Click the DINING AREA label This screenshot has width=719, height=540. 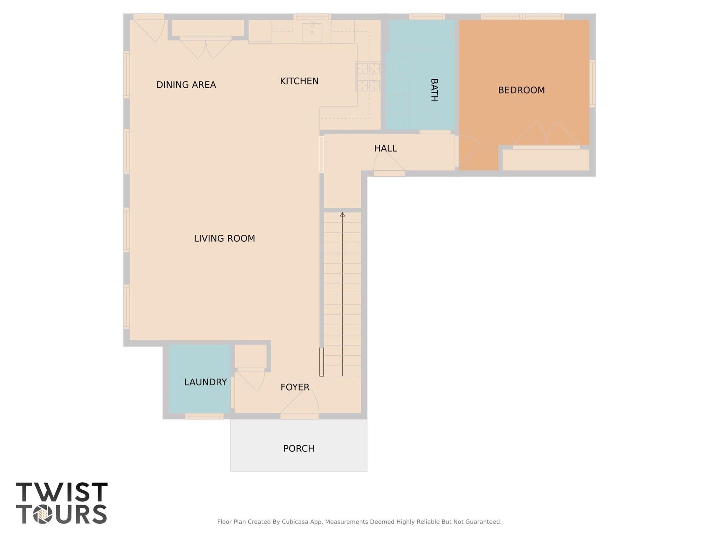186,85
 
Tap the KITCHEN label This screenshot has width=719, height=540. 299,81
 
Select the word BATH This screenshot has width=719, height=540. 434,90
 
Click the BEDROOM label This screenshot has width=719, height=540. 521,90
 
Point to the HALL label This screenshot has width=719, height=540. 385,148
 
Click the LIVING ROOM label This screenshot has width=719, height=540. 224,239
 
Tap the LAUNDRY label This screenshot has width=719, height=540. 205,382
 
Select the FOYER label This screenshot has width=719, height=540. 295,387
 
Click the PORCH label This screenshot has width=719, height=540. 299,449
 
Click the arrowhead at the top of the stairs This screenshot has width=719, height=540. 342,214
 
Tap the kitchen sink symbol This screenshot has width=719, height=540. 312,32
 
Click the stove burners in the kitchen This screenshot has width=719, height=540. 368,77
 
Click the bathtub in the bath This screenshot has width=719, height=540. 421,34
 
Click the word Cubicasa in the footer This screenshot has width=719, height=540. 295,522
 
